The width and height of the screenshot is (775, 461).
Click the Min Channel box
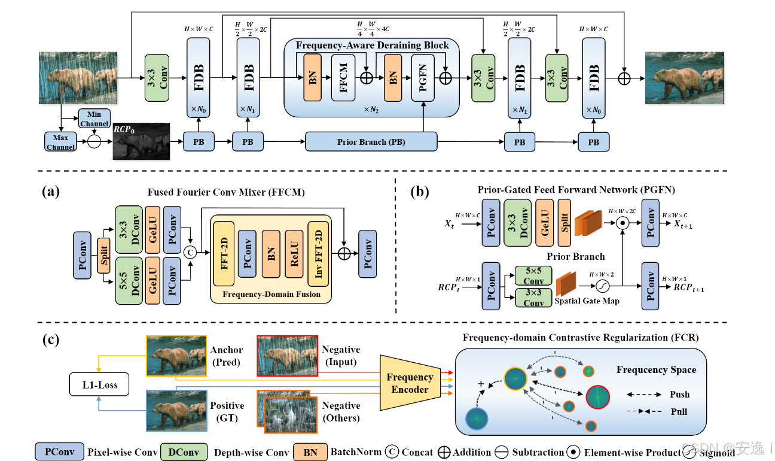[94, 119]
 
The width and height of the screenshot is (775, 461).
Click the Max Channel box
[60, 142]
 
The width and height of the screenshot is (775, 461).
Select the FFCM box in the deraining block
[343, 77]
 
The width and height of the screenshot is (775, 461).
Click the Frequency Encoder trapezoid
[410, 383]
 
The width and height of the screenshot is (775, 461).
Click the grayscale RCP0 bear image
[141, 141]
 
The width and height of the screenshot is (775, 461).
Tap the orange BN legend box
[310, 451]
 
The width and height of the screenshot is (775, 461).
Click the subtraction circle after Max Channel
[93, 142]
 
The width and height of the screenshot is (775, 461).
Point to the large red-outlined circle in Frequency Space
[597, 396]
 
